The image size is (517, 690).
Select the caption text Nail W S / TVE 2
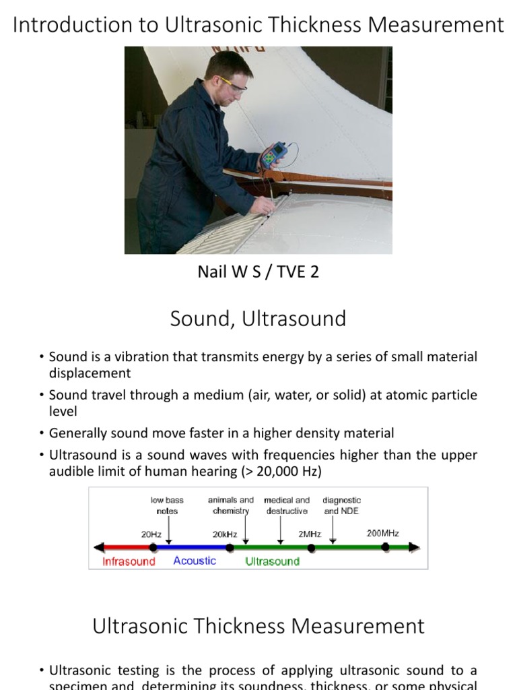(258, 272)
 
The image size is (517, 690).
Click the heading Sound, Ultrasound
(258, 318)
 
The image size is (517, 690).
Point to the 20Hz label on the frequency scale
(151, 534)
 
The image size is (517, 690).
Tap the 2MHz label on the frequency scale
(310, 534)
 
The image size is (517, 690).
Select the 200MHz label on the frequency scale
(382, 533)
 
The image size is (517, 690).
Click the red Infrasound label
(129, 561)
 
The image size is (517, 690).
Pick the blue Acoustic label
(195, 561)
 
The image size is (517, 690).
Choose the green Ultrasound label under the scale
(273, 561)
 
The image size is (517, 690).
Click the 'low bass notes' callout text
(167, 505)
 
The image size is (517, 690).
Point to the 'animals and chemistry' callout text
(231, 505)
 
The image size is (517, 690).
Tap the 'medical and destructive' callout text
(287, 505)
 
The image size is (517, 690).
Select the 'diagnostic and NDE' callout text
(341, 505)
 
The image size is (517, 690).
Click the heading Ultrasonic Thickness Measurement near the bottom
(258, 626)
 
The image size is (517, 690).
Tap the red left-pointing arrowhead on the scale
(99, 548)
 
